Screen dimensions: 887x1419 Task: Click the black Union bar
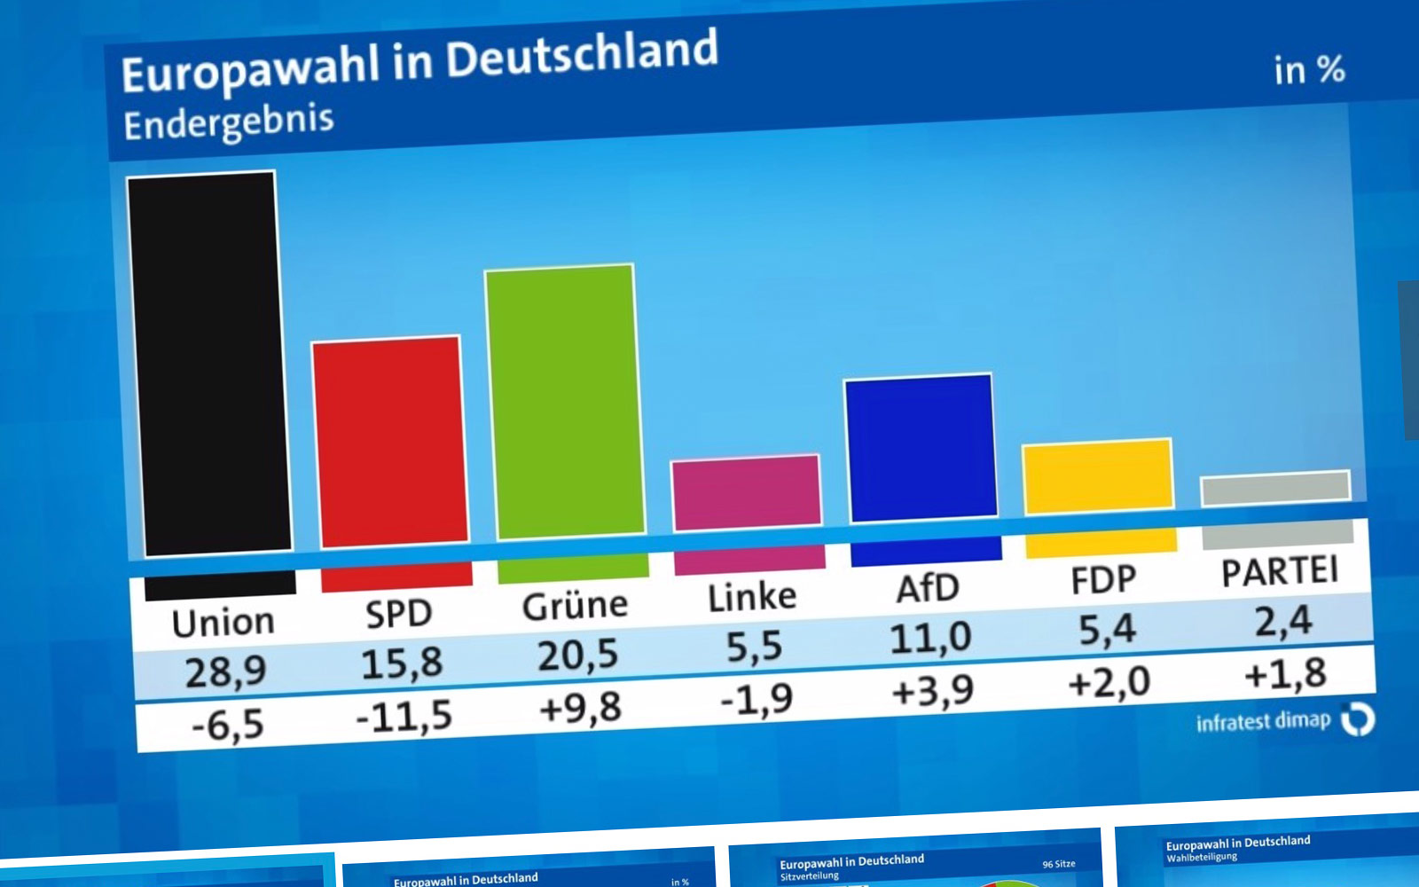click(209, 364)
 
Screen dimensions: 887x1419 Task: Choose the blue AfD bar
click(921, 448)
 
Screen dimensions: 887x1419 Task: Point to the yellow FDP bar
click(1098, 476)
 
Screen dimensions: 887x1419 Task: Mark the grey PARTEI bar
click(1275, 489)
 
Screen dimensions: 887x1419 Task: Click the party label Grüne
click(575, 606)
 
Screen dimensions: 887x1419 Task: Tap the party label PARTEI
click(1280, 571)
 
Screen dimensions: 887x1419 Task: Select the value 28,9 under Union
click(225, 671)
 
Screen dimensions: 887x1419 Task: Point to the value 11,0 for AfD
click(931, 638)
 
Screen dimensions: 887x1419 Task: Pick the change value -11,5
click(404, 717)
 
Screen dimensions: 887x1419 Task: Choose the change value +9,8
click(580, 709)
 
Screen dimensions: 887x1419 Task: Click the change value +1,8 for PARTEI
click(1286, 675)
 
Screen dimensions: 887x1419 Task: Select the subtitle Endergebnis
click(229, 122)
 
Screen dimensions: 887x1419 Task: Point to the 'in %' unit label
click(1309, 70)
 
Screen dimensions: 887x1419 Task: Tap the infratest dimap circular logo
click(1358, 719)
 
